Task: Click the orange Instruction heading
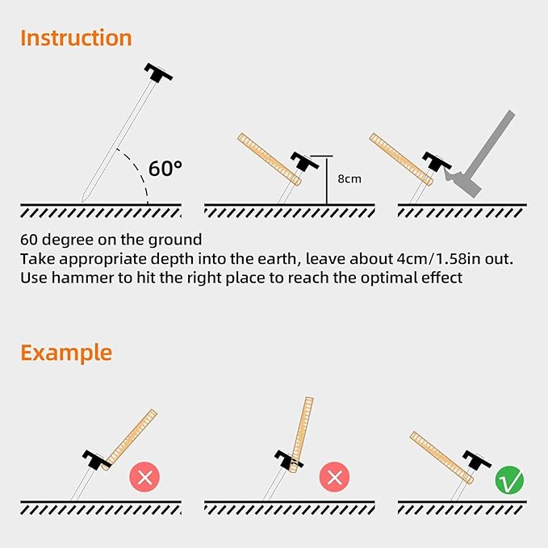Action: [x=76, y=38]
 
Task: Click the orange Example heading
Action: [x=66, y=353]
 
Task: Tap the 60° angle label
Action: [x=165, y=169]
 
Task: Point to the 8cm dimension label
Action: [x=349, y=179]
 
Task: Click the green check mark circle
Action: [x=509, y=480]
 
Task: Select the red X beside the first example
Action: [x=144, y=477]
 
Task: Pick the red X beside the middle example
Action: [x=334, y=477]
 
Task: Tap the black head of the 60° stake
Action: [x=158, y=73]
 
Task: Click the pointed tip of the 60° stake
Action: [x=82, y=201]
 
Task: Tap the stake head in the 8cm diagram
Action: [x=304, y=161]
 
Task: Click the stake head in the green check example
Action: [x=477, y=460]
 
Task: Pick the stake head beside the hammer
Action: [x=437, y=161]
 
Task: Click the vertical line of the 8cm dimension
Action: [x=327, y=180]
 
